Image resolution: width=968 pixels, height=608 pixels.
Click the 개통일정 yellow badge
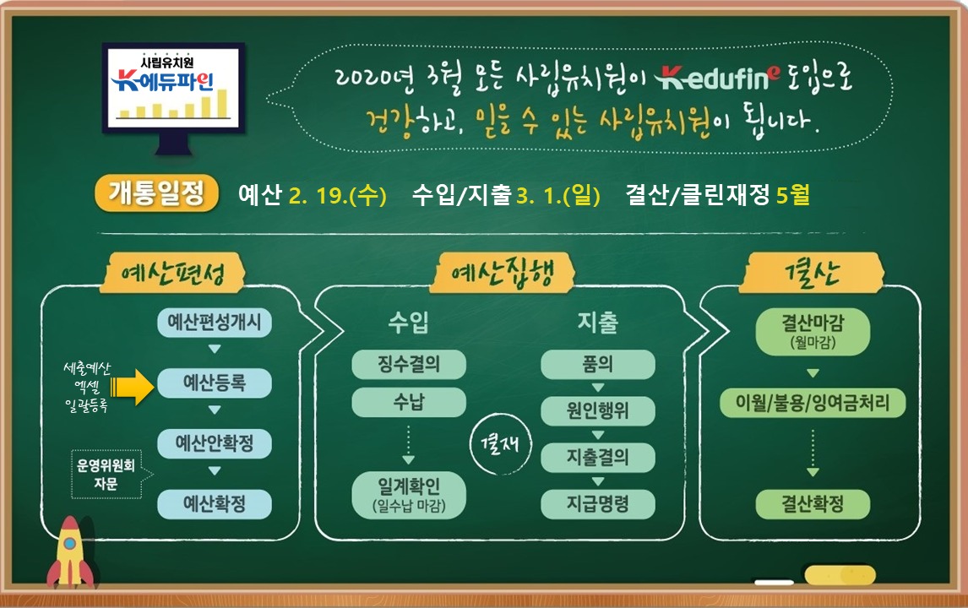156,193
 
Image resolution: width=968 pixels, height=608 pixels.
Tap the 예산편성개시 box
215,323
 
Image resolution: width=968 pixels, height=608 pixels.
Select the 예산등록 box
215,383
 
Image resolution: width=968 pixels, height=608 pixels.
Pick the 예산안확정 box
215,443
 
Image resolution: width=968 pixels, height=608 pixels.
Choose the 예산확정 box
215,504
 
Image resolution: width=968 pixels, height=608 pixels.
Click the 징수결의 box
409,364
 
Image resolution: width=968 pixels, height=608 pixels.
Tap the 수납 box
409,403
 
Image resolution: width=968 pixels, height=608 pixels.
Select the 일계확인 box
409,495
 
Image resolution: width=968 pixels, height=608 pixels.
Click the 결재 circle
501,444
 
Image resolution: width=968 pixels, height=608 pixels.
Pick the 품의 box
597,364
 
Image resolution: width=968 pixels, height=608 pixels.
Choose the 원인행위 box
597,410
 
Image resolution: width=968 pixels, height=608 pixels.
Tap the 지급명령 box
597,504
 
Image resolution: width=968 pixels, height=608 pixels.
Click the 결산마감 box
813,332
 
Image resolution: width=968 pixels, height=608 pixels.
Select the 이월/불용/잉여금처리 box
813,403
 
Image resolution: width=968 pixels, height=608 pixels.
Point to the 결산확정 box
813,504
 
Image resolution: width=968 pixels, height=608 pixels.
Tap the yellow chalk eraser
840,575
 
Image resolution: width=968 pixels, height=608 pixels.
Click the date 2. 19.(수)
338,196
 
